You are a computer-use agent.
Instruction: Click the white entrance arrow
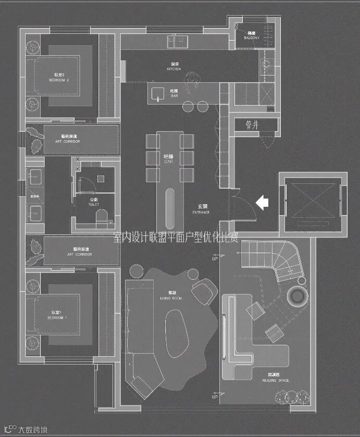point(262,202)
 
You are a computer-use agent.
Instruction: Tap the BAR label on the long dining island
point(168,159)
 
